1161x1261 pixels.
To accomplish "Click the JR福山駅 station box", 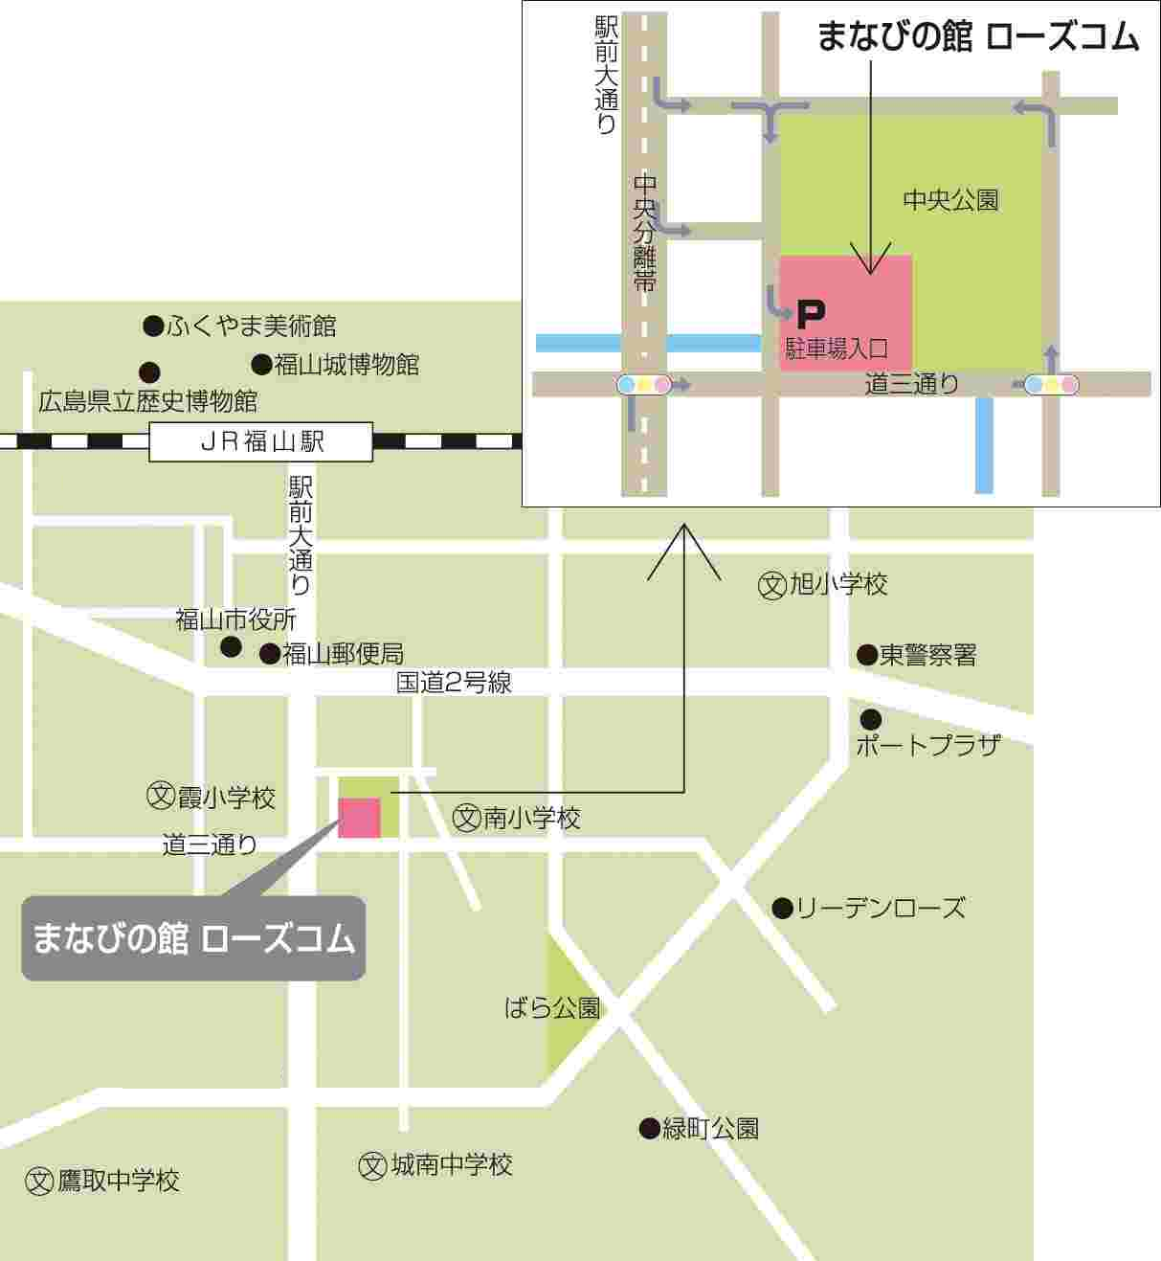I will [260, 441].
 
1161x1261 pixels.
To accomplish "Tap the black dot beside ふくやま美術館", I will [153, 327].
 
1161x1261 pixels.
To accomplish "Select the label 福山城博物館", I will [346, 365].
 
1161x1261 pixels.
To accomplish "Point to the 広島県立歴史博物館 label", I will [147, 401].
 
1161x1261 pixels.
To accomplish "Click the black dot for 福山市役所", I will [231, 646].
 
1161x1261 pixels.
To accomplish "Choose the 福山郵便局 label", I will [343, 654].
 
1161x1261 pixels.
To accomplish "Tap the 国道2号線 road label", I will [454, 683].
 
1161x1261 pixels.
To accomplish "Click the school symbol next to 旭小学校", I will [771, 585].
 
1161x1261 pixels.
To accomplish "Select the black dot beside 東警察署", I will [866, 655].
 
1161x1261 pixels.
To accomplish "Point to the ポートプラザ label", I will [927, 745].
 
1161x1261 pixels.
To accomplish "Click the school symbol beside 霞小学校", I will [160, 796].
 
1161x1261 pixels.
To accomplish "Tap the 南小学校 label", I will [531, 819].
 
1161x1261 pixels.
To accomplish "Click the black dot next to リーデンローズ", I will [782, 908].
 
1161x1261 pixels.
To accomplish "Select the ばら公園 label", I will [552, 1007].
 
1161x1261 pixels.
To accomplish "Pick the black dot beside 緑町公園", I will [650, 1129].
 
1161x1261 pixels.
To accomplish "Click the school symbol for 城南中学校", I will [372, 1165].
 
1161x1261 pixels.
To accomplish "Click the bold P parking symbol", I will [810, 312].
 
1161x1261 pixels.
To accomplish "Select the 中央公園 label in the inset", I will [950, 199].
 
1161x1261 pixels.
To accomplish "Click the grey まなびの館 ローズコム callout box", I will [193, 938].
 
